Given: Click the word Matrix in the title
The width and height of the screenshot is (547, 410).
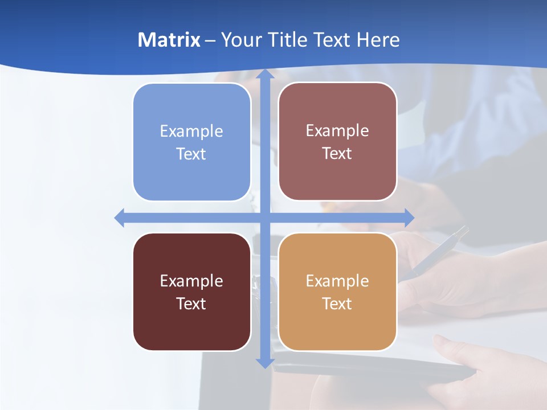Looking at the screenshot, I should coord(169,40).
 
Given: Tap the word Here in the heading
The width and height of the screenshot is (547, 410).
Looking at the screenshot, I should coord(378,40).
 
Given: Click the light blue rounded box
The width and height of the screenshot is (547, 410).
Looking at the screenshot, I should coord(191,142).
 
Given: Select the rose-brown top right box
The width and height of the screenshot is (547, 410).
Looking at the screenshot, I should coord(337,142).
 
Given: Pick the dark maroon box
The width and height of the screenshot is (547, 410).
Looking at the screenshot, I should coord(191,292).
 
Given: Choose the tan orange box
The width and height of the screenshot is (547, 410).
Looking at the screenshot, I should coord(337,292).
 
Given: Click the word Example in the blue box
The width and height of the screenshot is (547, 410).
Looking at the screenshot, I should coord(191,131).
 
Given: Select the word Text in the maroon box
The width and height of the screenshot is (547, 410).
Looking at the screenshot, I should coord(191,304).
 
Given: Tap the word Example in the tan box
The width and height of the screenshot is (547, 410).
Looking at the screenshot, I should coord(337,281).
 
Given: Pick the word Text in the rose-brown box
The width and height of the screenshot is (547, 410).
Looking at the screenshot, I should coord(337,154).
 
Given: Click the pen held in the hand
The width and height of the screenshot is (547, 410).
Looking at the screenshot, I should coord(439,251).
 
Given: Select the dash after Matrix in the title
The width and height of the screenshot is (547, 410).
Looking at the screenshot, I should coord(210,40).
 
